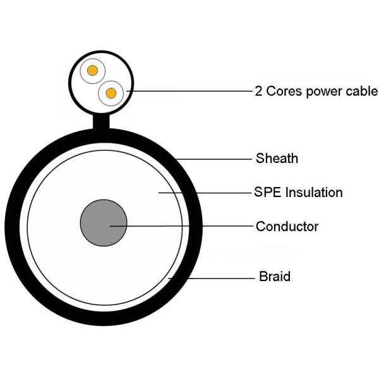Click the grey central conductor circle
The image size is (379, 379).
pyautogui.click(x=104, y=224)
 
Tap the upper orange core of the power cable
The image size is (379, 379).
pyautogui.click(x=93, y=71)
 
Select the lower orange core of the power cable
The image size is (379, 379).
pyautogui.click(x=111, y=93)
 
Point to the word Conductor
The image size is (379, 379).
pyautogui.click(x=287, y=226)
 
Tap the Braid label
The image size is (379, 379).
pyautogui.click(x=275, y=277)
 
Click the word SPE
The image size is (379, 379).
pyautogui.click(x=267, y=193)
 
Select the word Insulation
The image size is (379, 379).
pyautogui.click(x=314, y=193)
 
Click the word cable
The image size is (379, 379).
pyautogui.click(x=362, y=91)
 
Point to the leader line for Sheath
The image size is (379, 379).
pyautogui.click(x=215, y=159)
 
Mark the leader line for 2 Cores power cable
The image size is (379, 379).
pyautogui.click(x=189, y=91)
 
